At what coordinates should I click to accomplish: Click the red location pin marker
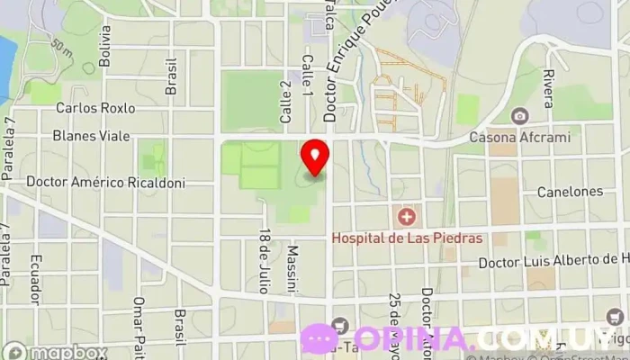click(315, 157)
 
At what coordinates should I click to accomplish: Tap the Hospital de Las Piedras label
click(408, 238)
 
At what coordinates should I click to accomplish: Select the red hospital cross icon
click(407, 217)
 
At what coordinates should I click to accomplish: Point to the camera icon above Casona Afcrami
click(519, 116)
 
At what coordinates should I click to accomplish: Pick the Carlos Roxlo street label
click(95, 108)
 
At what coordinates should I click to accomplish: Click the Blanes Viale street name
click(92, 136)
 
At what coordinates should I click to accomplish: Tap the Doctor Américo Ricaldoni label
click(105, 182)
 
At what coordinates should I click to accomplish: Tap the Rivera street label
click(547, 88)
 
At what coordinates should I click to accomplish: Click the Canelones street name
click(569, 192)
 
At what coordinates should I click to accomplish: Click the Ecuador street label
click(37, 280)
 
